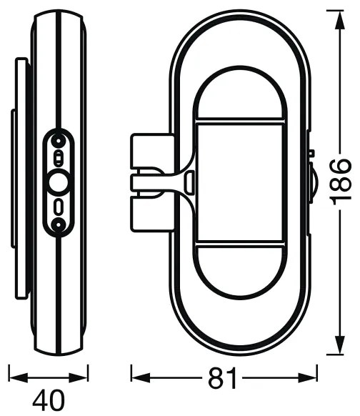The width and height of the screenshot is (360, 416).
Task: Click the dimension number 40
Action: point(49,400)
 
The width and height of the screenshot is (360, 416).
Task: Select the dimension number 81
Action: point(222,378)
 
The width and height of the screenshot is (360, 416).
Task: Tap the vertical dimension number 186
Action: point(341,182)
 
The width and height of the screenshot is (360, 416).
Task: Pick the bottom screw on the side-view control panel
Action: point(58,225)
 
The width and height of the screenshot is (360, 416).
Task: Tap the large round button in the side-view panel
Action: point(59,182)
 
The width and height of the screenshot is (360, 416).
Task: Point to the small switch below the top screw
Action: point(58,159)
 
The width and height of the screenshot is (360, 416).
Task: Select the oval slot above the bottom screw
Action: point(59,207)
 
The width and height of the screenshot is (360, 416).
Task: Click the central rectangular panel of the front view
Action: point(240,182)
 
